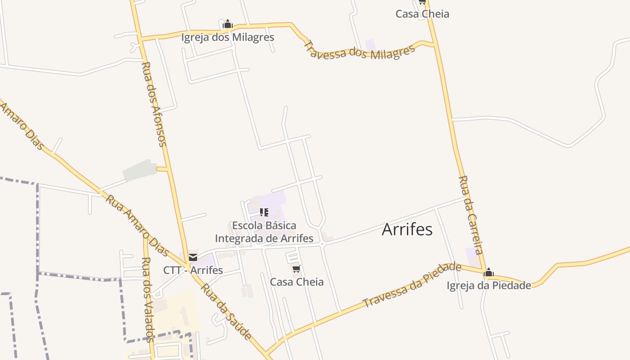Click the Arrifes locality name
(x=407, y=229)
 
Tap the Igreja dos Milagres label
(x=228, y=37)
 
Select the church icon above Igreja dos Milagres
(x=228, y=24)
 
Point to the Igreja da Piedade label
(x=489, y=285)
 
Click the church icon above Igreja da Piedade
(x=489, y=272)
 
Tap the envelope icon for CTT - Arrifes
(x=193, y=257)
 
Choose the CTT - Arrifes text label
(x=193, y=270)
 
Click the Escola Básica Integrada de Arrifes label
(x=264, y=232)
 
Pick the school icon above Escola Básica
(x=264, y=212)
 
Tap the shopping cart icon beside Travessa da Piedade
(x=296, y=269)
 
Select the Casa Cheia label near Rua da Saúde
(x=297, y=282)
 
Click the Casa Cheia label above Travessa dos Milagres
(x=422, y=14)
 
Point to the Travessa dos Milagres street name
(x=359, y=51)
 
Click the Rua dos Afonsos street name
(x=154, y=104)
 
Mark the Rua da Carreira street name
(x=471, y=215)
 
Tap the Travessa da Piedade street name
(x=412, y=285)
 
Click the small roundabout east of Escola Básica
(x=322, y=244)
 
